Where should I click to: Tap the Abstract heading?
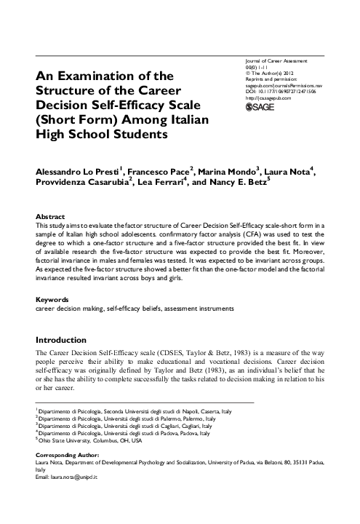point(50,217)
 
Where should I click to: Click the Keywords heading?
point(52,299)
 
